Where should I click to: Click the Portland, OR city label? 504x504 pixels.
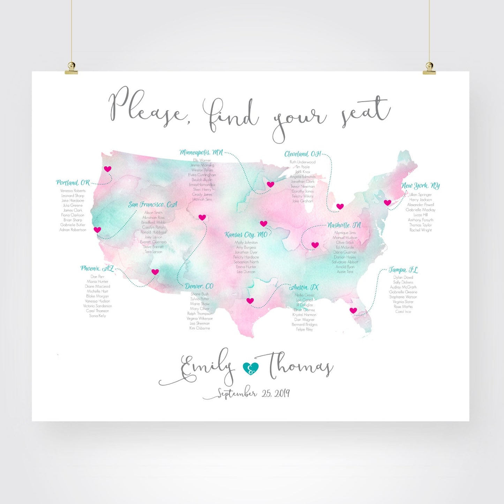(x=73, y=182)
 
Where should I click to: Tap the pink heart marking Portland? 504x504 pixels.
(x=107, y=169)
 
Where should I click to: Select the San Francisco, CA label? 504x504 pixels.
(x=152, y=204)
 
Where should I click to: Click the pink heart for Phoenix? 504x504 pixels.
(x=155, y=272)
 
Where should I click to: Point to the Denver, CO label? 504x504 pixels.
(x=199, y=286)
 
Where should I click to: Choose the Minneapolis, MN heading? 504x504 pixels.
(x=201, y=152)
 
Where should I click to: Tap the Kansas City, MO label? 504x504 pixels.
(x=246, y=235)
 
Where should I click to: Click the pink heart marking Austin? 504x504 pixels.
(x=250, y=301)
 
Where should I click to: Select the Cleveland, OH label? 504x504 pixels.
(x=302, y=154)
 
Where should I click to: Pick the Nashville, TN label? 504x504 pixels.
(x=344, y=225)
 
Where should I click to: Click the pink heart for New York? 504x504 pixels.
(x=388, y=203)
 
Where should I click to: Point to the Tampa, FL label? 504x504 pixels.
(x=403, y=270)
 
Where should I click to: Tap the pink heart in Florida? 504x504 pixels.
(x=353, y=310)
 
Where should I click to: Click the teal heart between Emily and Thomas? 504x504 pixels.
(x=251, y=368)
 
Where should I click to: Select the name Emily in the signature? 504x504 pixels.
(x=206, y=366)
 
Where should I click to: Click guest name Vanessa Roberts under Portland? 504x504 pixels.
(x=73, y=191)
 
